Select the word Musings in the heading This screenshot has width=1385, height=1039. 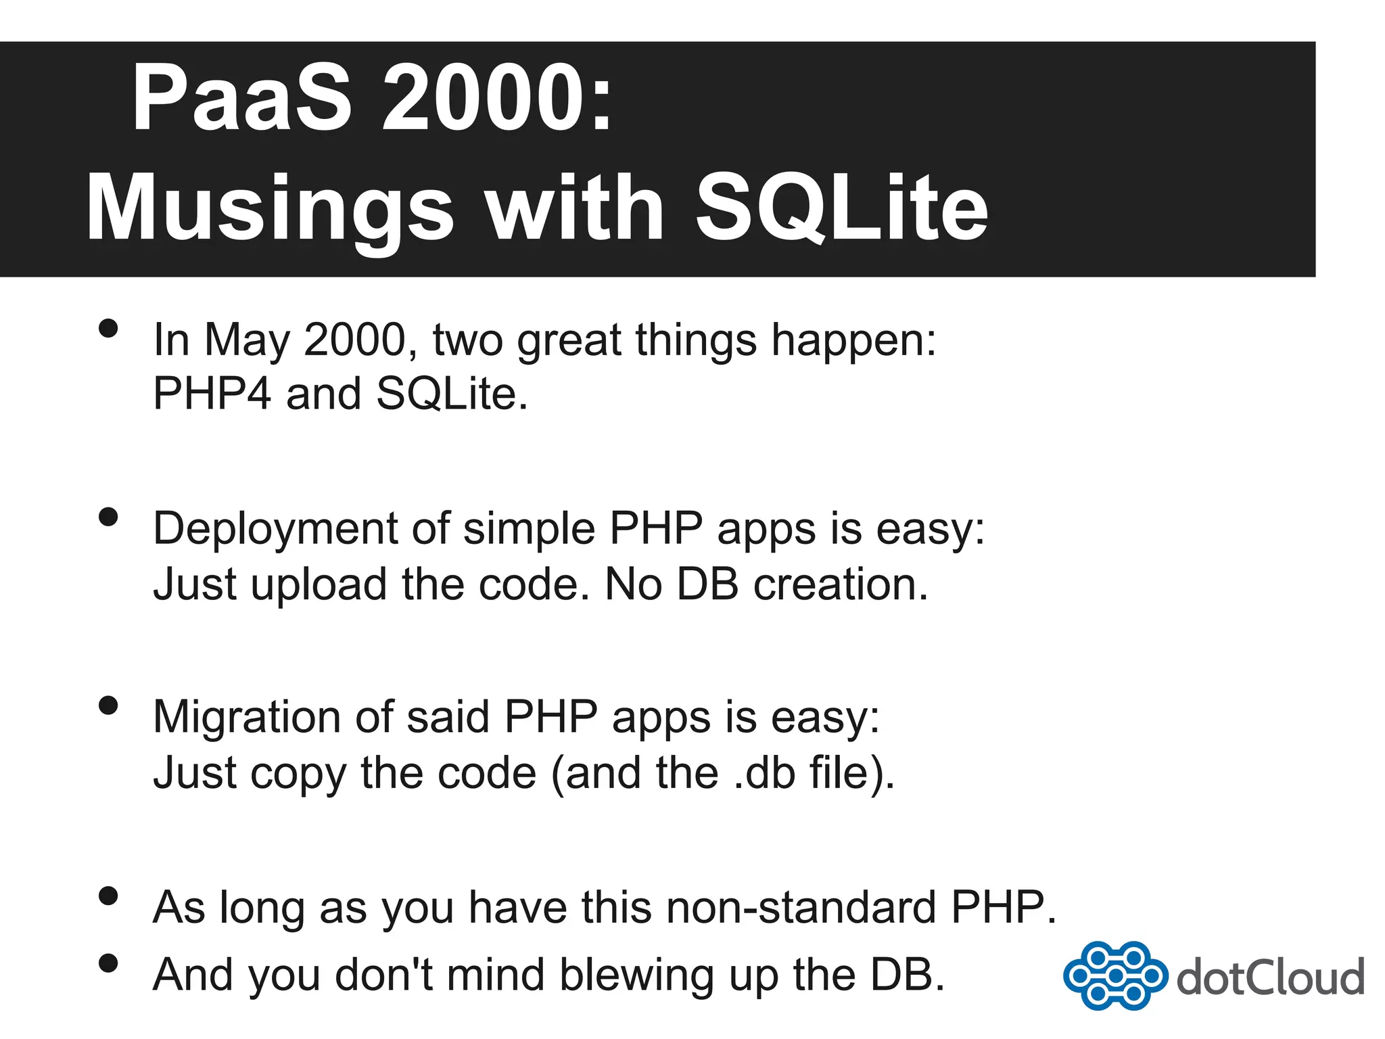pyautogui.click(x=269, y=208)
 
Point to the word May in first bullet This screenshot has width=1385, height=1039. pyautogui.click(x=246, y=340)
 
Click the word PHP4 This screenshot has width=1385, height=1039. pyautogui.click(x=212, y=394)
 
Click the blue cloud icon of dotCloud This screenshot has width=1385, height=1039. pyautogui.click(x=1114, y=975)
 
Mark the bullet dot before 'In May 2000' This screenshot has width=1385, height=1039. pyautogui.click(x=108, y=329)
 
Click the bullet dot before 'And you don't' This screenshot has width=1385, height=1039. pyautogui.click(x=108, y=963)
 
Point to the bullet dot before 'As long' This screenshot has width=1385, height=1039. pyautogui.click(x=108, y=896)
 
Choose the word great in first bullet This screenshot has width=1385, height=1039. pyautogui.click(x=568, y=341)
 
